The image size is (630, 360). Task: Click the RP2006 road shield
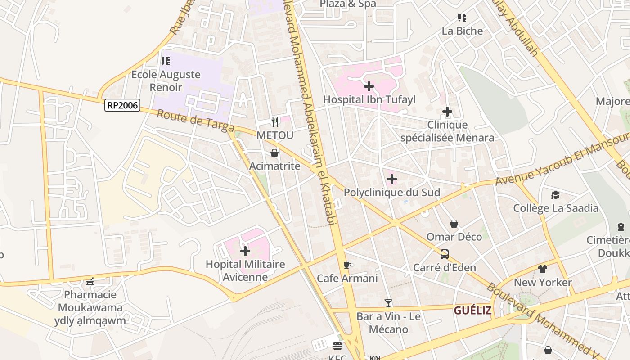coord(122,106)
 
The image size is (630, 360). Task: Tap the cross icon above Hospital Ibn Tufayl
coord(369,86)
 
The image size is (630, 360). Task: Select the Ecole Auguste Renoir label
coord(166,81)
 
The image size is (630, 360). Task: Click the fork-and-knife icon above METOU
coord(275,121)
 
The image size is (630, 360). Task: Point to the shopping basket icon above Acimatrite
coord(274,153)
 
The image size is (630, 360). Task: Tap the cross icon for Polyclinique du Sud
coord(391,179)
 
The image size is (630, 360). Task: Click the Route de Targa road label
coord(195,120)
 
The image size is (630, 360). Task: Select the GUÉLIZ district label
coord(472,310)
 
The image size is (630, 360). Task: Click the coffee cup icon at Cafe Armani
coord(347,265)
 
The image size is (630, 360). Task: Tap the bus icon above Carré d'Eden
coord(444,254)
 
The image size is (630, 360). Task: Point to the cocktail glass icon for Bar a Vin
coord(388,303)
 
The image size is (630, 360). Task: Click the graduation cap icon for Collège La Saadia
coord(555,195)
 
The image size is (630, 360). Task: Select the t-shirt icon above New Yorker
coord(542,269)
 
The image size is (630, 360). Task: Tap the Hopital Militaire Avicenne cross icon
coord(245,251)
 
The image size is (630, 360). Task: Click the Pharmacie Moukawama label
coord(90,301)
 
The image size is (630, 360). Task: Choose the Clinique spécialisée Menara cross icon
coord(447,111)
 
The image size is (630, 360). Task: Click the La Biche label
coord(462,31)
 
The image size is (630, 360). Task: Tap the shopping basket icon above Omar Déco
coord(454,224)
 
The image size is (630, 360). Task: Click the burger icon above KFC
coord(337,346)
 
